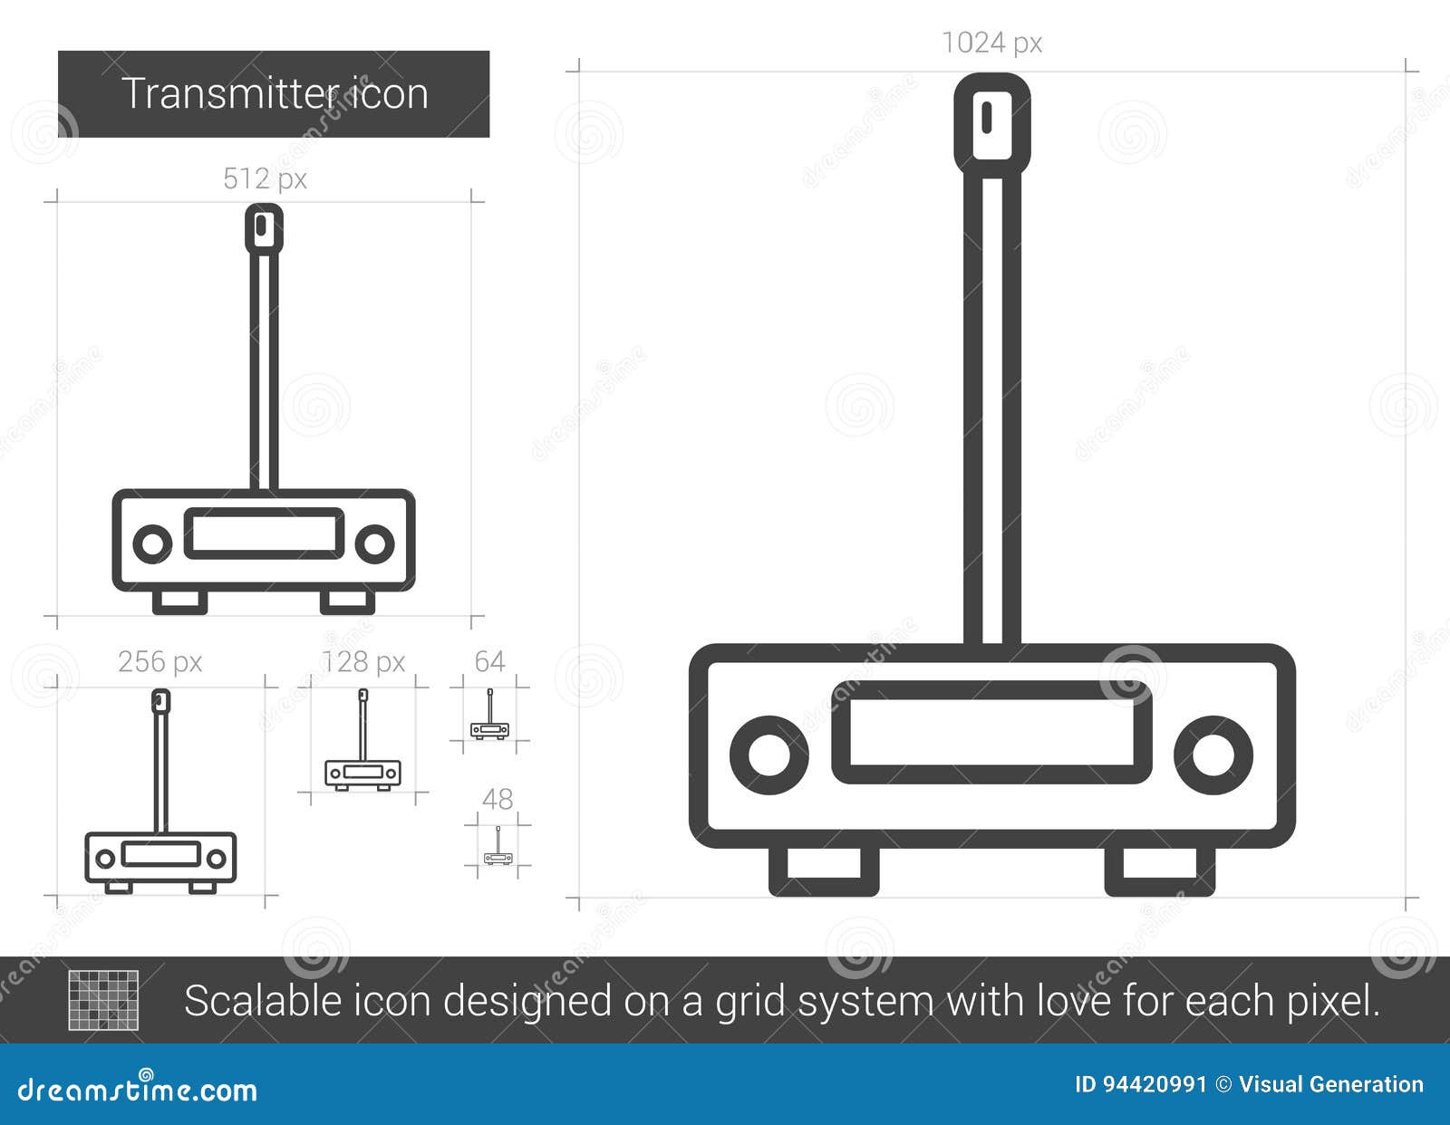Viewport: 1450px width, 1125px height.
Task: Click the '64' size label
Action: pyautogui.click(x=489, y=661)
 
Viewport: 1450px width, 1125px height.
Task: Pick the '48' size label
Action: pyautogui.click(x=498, y=799)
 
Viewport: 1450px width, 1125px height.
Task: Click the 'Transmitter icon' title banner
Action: pyautogui.click(x=274, y=94)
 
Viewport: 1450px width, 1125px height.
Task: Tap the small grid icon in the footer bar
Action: pyautogui.click(x=104, y=1000)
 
